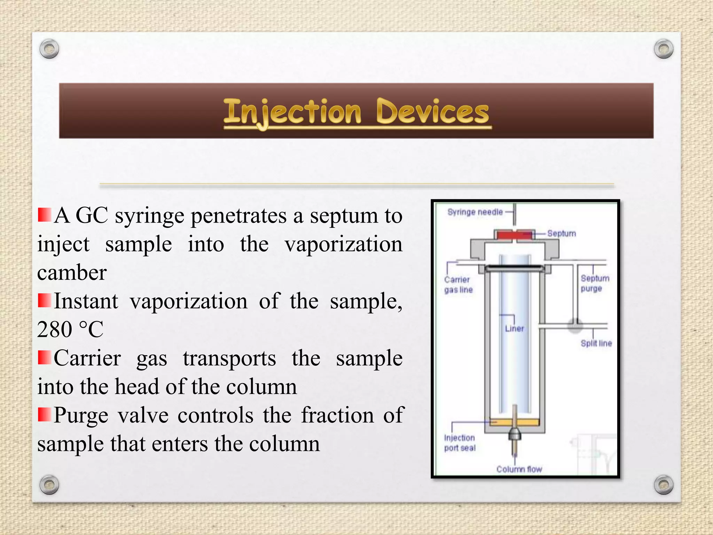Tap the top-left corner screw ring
[x=49, y=49]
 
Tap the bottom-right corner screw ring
[x=664, y=484]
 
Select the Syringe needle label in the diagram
[x=475, y=212]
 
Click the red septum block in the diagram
[x=514, y=235]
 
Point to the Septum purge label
[x=595, y=283]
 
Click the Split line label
[x=596, y=343]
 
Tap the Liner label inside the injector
[x=514, y=328]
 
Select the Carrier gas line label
[x=458, y=285]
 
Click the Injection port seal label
[x=460, y=443]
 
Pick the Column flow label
[x=519, y=469]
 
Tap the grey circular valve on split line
[x=575, y=326]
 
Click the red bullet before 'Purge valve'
[x=44, y=414]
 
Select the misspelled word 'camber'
[x=72, y=273]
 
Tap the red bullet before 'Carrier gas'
[x=44, y=357]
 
